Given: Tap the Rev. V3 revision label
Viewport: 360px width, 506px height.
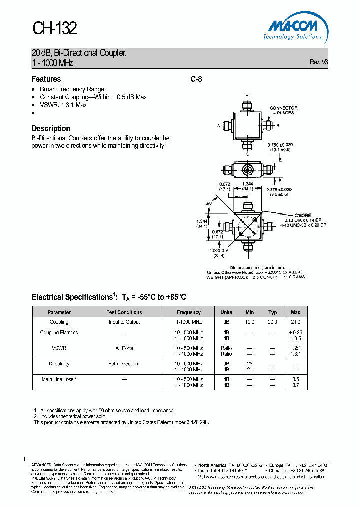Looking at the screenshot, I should [x=319, y=62].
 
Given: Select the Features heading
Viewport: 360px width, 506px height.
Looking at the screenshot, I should [x=46, y=79].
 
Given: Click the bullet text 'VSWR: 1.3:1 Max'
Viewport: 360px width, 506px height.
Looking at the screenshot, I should [x=63, y=105].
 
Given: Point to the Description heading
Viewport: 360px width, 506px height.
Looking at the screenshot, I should [x=51, y=128].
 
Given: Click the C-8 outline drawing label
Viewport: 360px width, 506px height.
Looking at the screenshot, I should [x=196, y=79].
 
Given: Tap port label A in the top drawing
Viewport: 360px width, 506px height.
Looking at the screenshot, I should [x=219, y=126].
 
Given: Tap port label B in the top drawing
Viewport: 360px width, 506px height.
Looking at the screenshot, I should [x=278, y=126].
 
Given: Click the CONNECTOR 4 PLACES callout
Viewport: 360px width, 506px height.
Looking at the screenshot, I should [x=283, y=110].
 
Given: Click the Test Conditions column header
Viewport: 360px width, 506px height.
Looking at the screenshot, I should [x=124, y=312].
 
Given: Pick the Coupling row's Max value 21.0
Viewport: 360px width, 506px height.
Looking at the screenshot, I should [x=295, y=322].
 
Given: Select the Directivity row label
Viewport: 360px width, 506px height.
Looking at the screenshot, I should [x=59, y=364].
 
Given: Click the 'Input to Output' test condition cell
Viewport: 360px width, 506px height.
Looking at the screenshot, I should [x=124, y=322].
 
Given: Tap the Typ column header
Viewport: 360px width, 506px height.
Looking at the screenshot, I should [x=272, y=312].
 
